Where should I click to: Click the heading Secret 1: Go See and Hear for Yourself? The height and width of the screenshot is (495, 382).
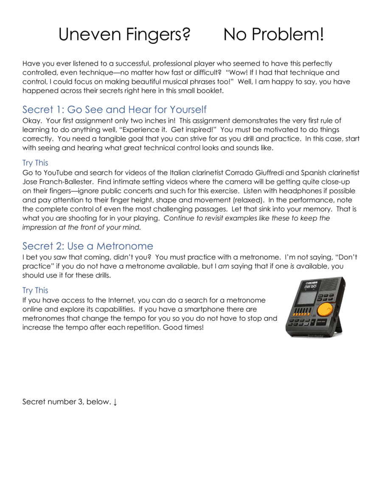(x=114, y=109)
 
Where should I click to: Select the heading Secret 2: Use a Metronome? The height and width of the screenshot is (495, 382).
(x=87, y=246)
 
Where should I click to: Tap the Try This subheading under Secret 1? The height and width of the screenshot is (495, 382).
(x=35, y=163)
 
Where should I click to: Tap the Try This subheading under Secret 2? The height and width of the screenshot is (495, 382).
(x=35, y=290)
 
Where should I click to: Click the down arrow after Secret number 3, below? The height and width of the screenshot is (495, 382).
(x=115, y=402)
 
